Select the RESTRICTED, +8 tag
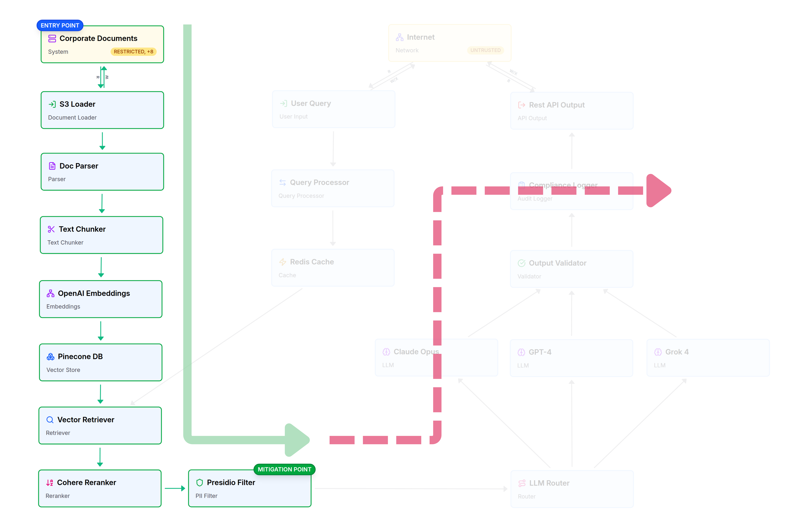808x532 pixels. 133,52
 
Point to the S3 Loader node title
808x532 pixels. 77,104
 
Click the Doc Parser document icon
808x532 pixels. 52,166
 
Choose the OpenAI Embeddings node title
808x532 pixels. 94,293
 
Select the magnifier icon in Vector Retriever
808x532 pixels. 50,420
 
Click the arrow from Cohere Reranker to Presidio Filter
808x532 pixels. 175,489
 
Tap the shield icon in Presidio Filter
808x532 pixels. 200,483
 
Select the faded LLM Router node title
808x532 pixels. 549,483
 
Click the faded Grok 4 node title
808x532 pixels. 677,352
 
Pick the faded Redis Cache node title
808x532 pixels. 312,262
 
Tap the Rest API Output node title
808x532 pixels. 556,105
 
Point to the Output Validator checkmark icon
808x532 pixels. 522,263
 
